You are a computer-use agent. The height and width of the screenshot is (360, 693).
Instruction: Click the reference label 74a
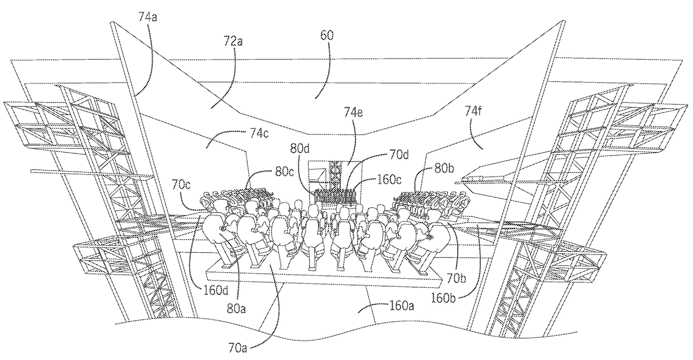pos(148,17)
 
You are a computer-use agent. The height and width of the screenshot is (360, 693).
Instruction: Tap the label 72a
pos(233,41)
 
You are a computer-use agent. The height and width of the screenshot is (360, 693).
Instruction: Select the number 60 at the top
pos(326,36)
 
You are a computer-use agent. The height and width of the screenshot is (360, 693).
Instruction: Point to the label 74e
pos(354,112)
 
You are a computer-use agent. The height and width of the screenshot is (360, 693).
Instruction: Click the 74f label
pos(473,110)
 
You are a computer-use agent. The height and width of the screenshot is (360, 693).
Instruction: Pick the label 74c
pos(259,133)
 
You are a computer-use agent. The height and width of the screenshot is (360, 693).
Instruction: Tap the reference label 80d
pos(300,149)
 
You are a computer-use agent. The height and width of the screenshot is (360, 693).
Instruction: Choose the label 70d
pos(399,154)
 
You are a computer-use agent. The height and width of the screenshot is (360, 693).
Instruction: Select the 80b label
pos(444,168)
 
